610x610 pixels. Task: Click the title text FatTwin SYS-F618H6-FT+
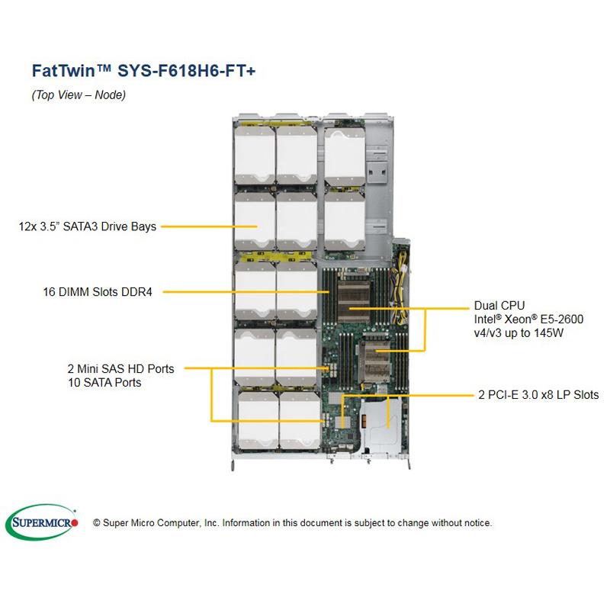[x=144, y=70]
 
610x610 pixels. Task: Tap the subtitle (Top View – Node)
[x=79, y=95]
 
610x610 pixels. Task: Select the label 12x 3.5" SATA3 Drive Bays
[x=87, y=226]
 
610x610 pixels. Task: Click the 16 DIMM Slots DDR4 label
[x=97, y=291]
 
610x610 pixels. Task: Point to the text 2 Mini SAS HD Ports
[x=120, y=369]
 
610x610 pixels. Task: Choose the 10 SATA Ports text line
[x=104, y=382]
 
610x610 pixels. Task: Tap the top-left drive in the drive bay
[x=255, y=156]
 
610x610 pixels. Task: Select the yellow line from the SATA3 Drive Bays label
[x=198, y=226]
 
